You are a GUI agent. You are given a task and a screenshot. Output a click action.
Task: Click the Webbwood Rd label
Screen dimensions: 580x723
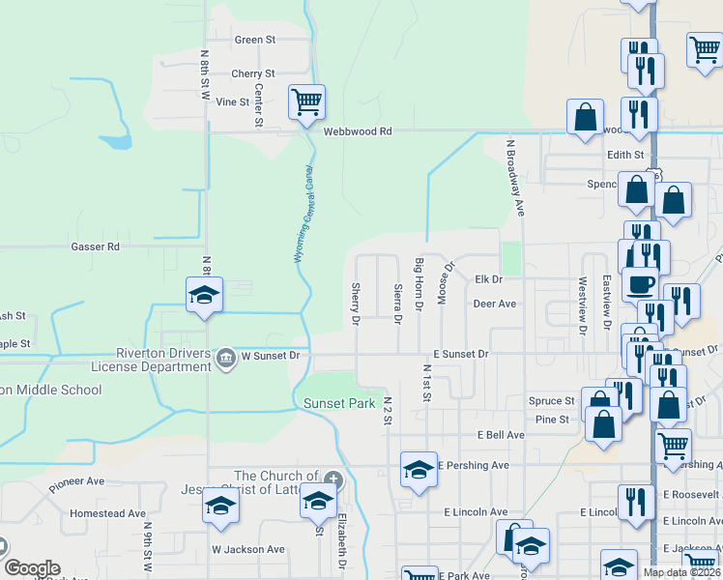pyautogui.click(x=358, y=131)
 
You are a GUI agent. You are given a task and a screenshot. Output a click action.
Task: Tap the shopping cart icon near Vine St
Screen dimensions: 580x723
pyautogui.click(x=306, y=101)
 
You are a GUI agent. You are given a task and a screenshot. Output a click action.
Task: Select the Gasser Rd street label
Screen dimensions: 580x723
pyautogui.click(x=95, y=246)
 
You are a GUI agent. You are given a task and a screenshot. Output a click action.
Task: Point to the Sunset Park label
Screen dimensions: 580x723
pyautogui.click(x=338, y=403)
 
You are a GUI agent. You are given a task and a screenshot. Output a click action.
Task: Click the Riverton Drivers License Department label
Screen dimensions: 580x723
pyautogui.click(x=162, y=360)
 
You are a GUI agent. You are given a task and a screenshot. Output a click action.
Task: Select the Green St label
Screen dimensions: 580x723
pyautogui.click(x=255, y=40)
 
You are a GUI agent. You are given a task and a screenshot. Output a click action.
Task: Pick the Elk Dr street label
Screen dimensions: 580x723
pyautogui.click(x=489, y=279)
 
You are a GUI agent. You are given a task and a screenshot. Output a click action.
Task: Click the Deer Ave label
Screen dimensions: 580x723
pyautogui.click(x=494, y=304)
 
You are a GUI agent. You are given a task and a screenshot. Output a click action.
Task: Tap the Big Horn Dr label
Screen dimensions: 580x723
pyautogui.click(x=419, y=284)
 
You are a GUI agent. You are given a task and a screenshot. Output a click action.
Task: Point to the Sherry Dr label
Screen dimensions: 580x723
pyautogui.click(x=356, y=303)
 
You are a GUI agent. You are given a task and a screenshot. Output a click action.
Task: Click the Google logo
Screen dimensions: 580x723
pyautogui.click(x=32, y=568)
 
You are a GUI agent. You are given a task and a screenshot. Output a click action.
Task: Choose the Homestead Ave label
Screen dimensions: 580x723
pyautogui.click(x=107, y=513)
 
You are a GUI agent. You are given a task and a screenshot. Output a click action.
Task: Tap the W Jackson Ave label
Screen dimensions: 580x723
pyautogui.click(x=248, y=549)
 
